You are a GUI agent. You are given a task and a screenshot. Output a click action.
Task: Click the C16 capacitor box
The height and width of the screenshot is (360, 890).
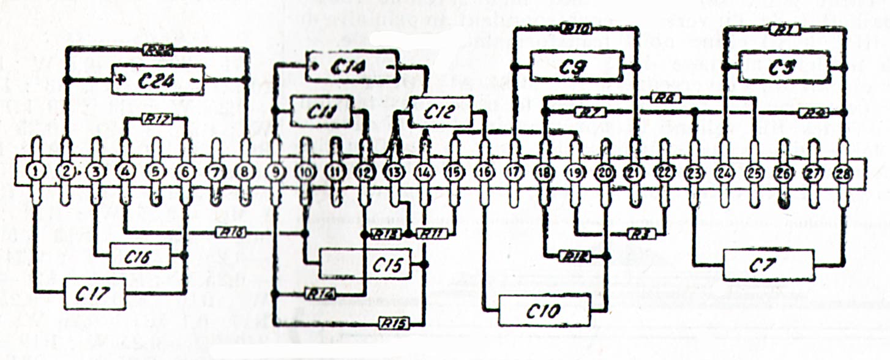pos(140,256)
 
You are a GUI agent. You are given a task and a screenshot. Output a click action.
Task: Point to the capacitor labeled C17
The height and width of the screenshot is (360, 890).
pos(94,294)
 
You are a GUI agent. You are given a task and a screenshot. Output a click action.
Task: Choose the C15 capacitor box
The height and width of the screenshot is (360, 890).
pos(371,264)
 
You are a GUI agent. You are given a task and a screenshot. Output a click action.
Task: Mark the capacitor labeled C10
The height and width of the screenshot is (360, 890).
pos(545,310)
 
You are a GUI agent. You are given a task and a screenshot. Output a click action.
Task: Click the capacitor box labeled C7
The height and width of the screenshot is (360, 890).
pos(769,264)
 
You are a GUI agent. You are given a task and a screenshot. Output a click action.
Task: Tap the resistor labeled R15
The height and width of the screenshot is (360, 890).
pos(394,322)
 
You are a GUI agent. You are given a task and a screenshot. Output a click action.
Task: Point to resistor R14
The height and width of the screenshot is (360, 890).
pos(320,294)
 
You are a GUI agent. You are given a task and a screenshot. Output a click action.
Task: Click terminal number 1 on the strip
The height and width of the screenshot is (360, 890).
pos(36,173)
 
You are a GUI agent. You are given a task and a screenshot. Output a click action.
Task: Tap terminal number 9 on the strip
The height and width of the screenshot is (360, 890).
pos(275,173)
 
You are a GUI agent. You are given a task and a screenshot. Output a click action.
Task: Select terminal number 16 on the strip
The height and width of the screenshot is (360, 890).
pos(484,173)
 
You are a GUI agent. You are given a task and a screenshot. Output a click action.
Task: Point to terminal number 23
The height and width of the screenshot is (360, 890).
pos(694,173)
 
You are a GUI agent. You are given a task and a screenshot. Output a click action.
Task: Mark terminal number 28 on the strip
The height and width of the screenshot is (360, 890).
pos(843,173)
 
